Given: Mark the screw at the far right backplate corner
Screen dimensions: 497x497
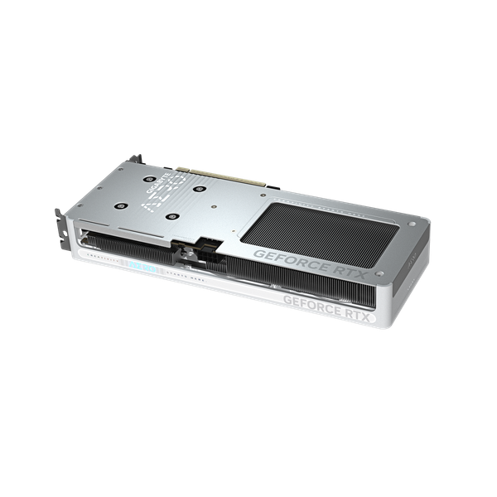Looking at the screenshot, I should coord(412,217).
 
